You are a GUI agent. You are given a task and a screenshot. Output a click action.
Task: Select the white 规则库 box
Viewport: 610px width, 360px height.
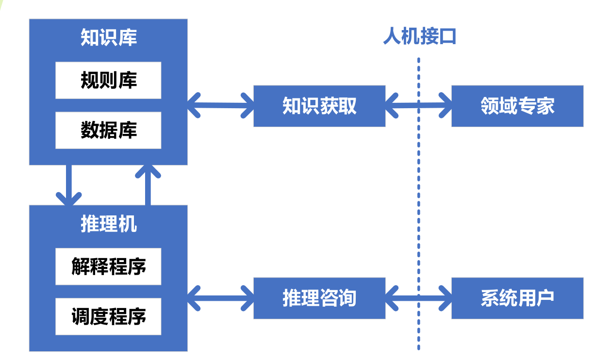[x=108, y=80]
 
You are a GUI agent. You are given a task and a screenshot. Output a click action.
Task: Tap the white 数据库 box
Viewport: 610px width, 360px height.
[x=108, y=130]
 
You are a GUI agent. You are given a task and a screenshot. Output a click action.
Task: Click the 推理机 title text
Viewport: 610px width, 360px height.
[x=108, y=224]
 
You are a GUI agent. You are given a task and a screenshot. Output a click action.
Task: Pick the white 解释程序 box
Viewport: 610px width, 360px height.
[x=108, y=266]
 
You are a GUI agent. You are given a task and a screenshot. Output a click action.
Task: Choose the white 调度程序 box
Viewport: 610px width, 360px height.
[x=108, y=316]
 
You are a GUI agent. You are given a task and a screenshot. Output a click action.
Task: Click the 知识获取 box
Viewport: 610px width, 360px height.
[x=319, y=106]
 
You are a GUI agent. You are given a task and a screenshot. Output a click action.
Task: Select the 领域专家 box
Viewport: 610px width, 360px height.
[x=517, y=106]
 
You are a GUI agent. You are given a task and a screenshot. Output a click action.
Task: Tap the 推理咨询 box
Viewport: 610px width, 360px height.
[x=319, y=298]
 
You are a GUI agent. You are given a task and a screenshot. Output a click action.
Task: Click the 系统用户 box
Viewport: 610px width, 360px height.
[x=517, y=298]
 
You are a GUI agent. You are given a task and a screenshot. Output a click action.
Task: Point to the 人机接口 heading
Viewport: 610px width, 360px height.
[x=419, y=36]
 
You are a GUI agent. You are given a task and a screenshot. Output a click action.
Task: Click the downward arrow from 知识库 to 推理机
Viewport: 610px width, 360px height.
[x=68, y=184]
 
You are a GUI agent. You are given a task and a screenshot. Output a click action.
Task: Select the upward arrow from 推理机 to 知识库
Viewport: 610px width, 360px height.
[x=148, y=184]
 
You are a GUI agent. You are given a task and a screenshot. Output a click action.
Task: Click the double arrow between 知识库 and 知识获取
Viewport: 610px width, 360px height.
[x=220, y=104]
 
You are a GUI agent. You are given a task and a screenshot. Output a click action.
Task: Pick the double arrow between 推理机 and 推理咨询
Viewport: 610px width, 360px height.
[x=220, y=297]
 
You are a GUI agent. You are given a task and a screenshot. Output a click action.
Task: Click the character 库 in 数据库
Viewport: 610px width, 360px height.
[x=128, y=130]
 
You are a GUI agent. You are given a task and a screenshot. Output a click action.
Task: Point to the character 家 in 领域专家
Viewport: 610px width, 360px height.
[x=545, y=106]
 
